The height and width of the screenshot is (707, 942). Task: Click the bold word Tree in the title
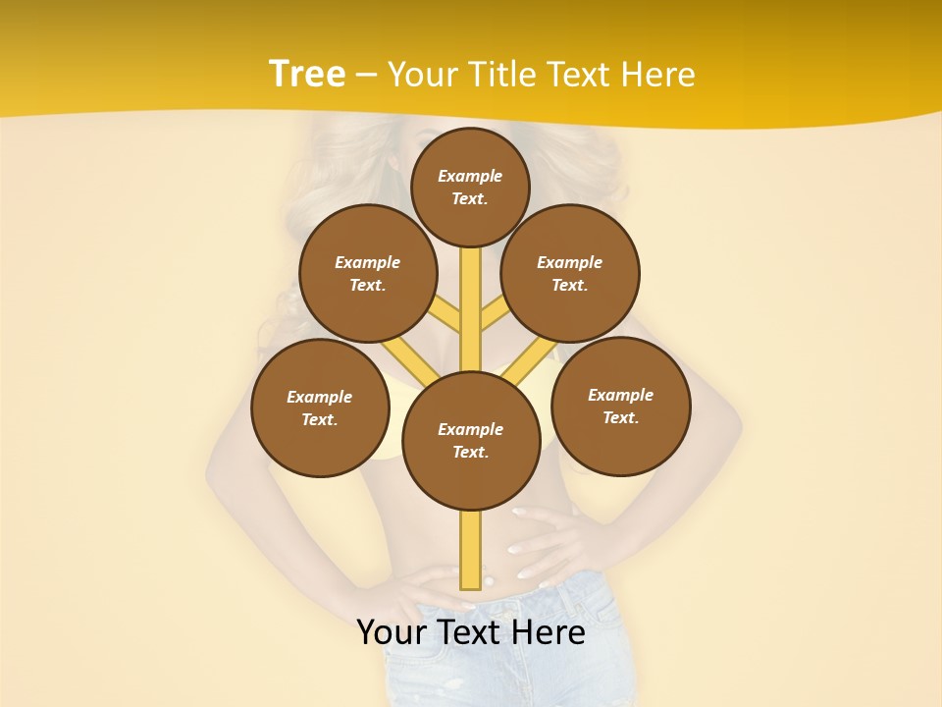307,75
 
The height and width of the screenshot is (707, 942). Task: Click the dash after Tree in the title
366,76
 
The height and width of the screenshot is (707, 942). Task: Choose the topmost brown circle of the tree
470,187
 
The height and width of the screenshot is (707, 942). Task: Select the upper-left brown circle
368,274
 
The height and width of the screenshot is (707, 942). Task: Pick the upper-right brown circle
570,274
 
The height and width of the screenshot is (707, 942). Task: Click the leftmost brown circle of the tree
320,408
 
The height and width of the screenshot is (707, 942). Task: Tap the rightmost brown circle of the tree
621,406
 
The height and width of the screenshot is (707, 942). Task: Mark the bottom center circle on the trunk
471,441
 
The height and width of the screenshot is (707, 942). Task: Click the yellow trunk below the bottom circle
470,550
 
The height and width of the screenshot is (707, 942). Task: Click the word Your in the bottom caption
392,632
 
